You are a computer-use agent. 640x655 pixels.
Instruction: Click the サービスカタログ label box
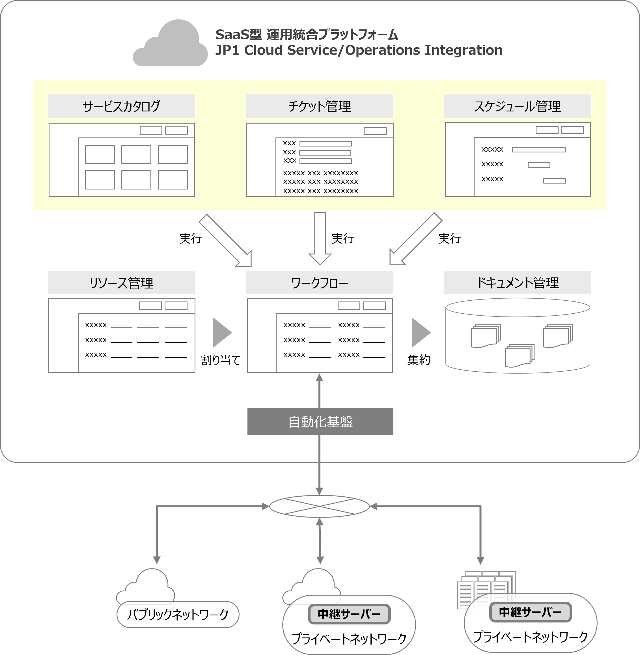click(121, 106)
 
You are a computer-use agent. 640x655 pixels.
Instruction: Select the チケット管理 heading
click(319, 106)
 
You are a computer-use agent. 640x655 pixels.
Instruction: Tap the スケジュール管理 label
click(517, 106)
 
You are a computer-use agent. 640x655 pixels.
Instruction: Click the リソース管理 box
click(121, 283)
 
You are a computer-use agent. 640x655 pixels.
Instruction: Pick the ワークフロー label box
click(319, 283)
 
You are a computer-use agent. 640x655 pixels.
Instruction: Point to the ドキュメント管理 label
click(517, 283)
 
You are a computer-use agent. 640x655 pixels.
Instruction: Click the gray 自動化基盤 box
click(320, 421)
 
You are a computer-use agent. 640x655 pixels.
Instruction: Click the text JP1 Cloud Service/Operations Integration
click(359, 50)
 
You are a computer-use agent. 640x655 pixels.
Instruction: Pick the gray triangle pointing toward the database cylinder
click(421, 333)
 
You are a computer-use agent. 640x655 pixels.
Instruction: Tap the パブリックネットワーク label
click(178, 615)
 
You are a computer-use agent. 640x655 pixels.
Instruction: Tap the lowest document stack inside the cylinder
click(519, 355)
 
